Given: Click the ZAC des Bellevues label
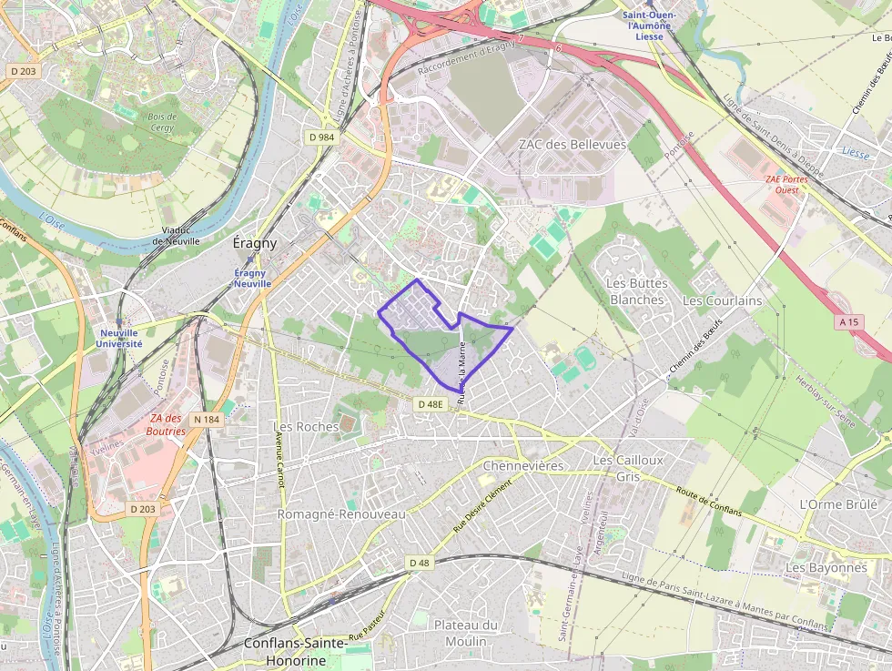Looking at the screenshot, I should (x=572, y=145).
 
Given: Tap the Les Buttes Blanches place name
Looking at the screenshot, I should (x=636, y=291).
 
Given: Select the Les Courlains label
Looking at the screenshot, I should (x=722, y=300).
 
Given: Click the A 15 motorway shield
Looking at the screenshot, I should (x=849, y=322).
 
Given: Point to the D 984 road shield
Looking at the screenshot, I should (x=321, y=137).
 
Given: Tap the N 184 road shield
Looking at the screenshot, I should (x=208, y=419).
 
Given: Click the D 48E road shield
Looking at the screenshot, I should (x=431, y=403).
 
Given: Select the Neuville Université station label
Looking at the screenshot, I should (x=119, y=339).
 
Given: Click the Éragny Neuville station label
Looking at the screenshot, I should (x=252, y=278).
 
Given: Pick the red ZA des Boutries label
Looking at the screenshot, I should (x=166, y=425).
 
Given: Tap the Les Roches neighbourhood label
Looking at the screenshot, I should (x=306, y=426).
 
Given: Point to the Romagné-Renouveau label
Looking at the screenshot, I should (x=340, y=514).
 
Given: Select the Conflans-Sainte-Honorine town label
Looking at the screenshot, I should (x=296, y=652).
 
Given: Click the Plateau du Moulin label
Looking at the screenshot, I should (x=466, y=633).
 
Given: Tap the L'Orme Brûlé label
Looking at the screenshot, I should (x=837, y=503).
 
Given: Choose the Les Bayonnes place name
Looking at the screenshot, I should (x=826, y=567).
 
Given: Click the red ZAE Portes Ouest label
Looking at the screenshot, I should (x=786, y=185).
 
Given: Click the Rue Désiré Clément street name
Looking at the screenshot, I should (x=482, y=507).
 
